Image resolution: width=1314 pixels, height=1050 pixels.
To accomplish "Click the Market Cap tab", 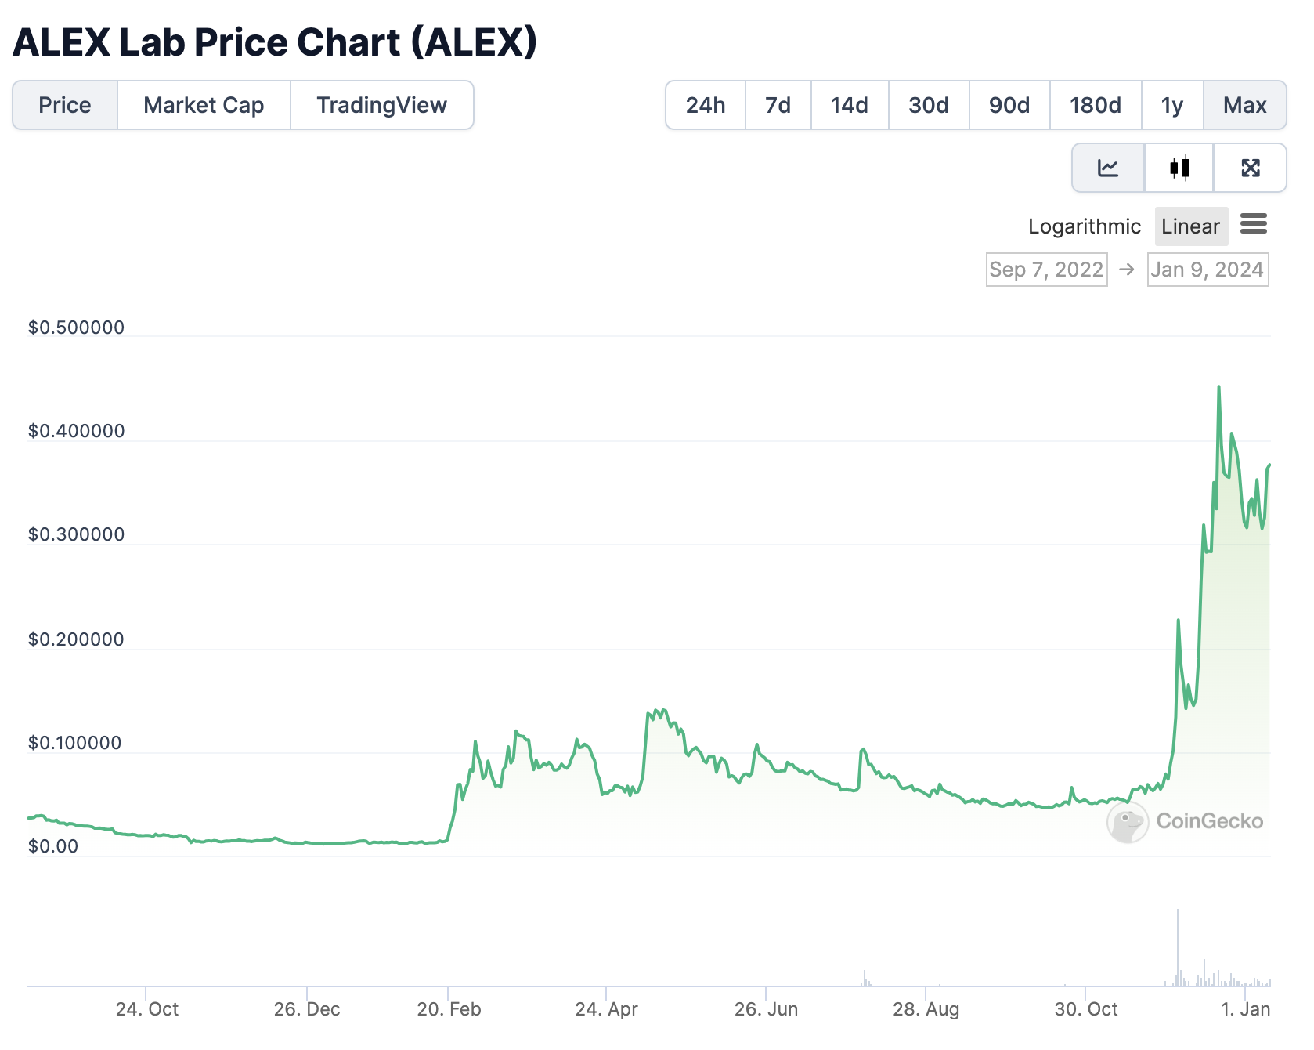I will tap(204, 105).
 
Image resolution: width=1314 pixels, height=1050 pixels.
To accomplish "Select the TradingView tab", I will tap(381, 105).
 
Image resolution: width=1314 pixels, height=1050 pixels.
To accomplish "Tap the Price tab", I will tap(65, 105).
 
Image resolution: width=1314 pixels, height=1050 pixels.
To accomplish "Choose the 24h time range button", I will tap(705, 105).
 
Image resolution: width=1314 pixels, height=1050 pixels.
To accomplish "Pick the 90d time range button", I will tap(1009, 105).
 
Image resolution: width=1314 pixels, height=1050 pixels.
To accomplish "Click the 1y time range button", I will tap(1171, 105).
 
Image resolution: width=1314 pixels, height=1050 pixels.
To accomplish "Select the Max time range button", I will tap(1244, 105).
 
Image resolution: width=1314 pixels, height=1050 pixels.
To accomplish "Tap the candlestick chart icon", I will tap(1179, 168).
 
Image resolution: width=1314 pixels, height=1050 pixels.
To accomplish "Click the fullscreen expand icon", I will tap(1250, 168).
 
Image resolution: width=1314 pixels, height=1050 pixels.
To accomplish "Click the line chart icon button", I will tap(1108, 168).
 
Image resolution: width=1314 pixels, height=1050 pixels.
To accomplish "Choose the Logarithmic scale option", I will tap(1084, 226).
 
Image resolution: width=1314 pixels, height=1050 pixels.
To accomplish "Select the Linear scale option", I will tap(1190, 226).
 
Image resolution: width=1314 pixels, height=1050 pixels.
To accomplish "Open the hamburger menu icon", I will tap(1254, 224).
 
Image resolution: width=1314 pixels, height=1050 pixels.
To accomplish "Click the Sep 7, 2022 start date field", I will tap(1046, 270).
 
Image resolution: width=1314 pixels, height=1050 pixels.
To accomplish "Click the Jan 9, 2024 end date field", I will tap(1208, 270).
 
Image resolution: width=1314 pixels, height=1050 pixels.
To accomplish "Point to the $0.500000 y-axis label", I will tap(76, 328).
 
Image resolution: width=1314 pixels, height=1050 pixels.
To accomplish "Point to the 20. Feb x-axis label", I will tap(449, 1009).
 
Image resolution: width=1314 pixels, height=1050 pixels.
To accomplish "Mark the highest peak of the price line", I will tap(1218, 387).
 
